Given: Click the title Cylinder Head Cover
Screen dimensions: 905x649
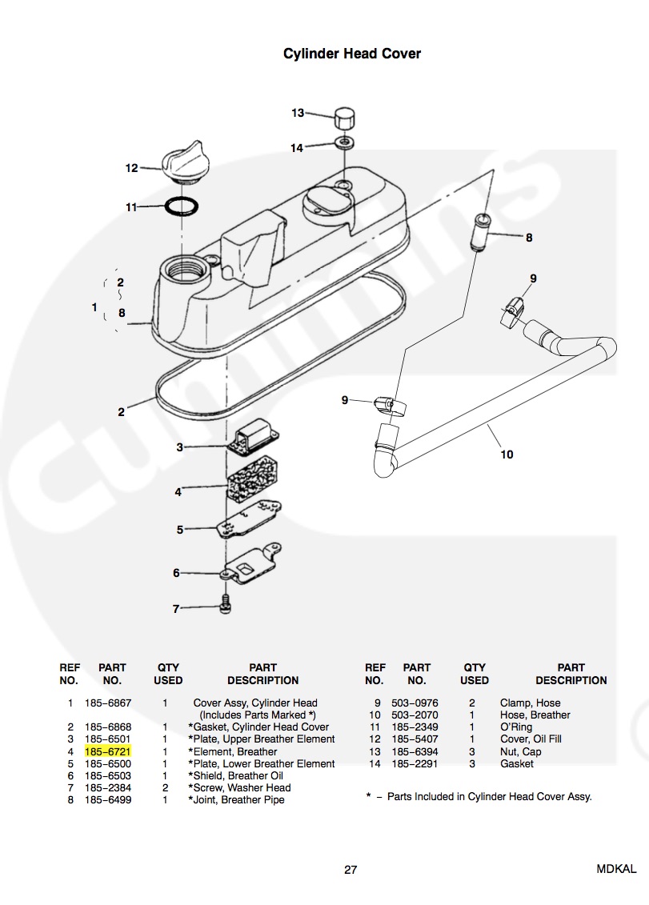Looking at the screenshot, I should click(x=352, y=54).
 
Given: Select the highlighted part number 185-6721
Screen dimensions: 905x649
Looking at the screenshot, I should click(x=108, y=751).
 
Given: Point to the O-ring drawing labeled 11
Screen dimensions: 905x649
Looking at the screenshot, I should click(x=182, y=206).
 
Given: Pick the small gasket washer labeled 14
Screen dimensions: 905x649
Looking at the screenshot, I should click(x=344, y=144).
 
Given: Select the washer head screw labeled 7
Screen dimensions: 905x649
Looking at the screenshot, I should click(x=225, y=606).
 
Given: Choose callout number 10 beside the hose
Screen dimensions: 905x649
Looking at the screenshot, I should click(x=507, y=455).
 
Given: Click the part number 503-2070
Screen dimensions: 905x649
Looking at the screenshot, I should click(x=415, y=715).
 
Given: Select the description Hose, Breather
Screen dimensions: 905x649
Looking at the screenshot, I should click(x=535, y=715).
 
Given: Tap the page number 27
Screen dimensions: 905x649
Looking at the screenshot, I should click(x=351, y=870).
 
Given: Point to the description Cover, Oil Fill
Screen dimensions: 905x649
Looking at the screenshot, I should click(x=531, y=739).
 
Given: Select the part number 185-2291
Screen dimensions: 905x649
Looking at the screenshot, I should click(x=415, y=763).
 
